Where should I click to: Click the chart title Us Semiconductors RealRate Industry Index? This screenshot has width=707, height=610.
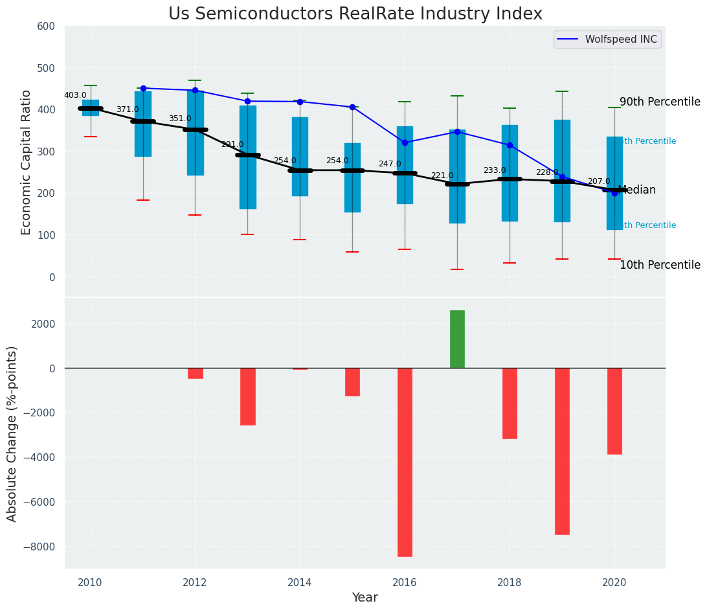[x=355, y=14]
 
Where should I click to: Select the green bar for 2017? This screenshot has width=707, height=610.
[x=457, y=339]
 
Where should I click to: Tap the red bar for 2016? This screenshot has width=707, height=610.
[x=405, y=462]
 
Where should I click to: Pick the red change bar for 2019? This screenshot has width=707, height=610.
[x=562, y=451]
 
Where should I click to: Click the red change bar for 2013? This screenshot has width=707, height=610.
[x=247, y=396]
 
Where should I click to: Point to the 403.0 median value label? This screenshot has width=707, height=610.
[x=75, y=95]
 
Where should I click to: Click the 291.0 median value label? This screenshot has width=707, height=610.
[x=232, y=144]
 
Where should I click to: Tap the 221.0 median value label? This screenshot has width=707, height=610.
[x=442, y=175]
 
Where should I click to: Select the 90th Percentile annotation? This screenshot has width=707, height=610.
[x=660, y=102]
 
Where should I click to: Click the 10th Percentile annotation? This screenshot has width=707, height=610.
[x=660, y=265]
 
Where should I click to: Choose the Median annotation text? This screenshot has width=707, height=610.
[x=637, y=190]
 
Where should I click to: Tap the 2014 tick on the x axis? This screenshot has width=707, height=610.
[x=300, y=583]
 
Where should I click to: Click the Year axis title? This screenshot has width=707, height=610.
[x=365, y=598]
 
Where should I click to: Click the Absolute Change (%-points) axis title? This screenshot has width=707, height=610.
[x=12, y=433]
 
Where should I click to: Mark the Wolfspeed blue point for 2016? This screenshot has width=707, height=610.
[x=405, y=142]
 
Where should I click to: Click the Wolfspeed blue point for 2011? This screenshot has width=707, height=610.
[x=143, y=88]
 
